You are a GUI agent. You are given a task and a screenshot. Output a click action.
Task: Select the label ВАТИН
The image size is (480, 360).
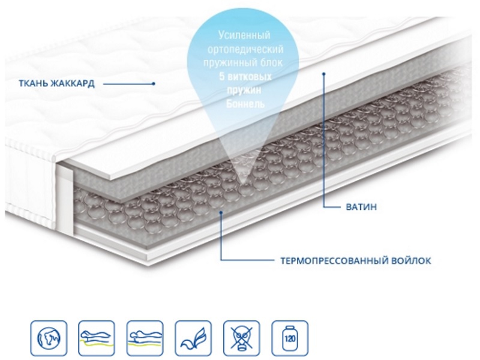pos(361,207)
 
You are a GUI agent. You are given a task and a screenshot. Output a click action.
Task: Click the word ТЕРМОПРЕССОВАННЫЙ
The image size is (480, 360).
pos(334,261)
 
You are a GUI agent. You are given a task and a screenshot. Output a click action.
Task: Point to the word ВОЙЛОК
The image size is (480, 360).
pos(411,261)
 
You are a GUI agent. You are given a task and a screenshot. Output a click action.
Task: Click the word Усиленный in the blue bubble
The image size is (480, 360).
pos(244,35)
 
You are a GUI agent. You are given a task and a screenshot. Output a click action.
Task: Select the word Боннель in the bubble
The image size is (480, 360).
pos(245,104)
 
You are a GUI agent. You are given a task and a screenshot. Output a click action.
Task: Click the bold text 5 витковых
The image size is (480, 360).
pos(245,76)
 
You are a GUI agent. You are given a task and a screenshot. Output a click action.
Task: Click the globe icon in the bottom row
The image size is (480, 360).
pos(49,338)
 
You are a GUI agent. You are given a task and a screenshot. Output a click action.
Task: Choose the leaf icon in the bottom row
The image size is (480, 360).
pos(193,338)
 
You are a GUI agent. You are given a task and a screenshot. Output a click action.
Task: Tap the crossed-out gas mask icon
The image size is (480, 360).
pos(242,338)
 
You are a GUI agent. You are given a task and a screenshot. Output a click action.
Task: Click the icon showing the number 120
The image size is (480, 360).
pos(290,338)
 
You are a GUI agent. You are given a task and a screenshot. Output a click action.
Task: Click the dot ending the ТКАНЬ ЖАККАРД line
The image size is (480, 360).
pos(154,83)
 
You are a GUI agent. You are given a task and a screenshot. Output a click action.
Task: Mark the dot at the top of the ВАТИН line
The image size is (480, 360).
pos(323,73)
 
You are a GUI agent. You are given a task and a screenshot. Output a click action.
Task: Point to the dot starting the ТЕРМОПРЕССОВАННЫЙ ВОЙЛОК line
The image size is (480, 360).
pos(221,212)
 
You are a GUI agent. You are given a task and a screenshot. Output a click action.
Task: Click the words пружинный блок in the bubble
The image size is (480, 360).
pos(243,63)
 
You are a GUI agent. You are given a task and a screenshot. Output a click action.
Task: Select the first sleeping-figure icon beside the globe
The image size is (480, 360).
pos(97,338)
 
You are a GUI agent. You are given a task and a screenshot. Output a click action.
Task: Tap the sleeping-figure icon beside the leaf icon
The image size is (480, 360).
pos(145,338)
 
